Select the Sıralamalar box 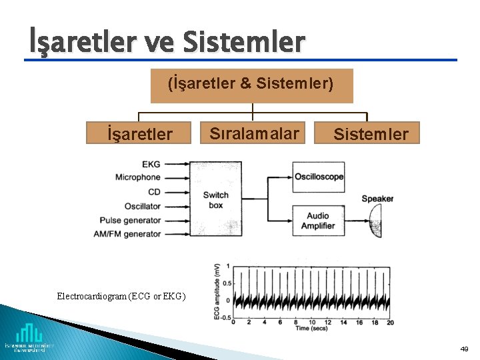coord(254,133)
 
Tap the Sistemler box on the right coord(371,133)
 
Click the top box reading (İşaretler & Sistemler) coord(251,85)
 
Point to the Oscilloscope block coord(319,177)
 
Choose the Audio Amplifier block coord(318,221)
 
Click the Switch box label coord(215,200)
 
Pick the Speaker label coord(377,199)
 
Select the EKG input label coord(151,164)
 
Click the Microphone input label coord(138,177)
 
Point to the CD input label coord(154,192)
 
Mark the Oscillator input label coord(143,207)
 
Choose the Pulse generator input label coord(131,221)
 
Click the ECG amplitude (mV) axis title coord(217,291)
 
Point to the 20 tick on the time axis coord(390,322)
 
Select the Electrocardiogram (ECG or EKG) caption coord(121,295)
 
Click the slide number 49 coord(464,349)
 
